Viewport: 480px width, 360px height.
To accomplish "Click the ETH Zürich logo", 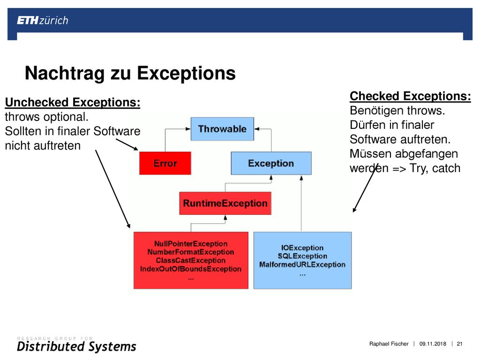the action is tap(43, 21).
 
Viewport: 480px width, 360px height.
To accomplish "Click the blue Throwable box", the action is tap(222, 129).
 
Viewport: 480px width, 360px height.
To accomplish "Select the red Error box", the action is tap(165, 163).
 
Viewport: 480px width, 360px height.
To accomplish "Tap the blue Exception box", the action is tap(271, 163).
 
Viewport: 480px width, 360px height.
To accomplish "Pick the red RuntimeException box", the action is tap(225, 203).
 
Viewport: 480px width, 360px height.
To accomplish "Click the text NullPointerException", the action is tap(191, 244).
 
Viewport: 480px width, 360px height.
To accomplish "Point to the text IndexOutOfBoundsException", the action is tap(191, 269).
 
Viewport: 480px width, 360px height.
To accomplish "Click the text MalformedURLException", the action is tap(302, 264).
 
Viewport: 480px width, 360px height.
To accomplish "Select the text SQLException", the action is tap(302, 256).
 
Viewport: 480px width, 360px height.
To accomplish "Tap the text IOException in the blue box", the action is tap(302, 247).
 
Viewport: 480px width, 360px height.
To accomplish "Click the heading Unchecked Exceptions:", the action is tap(73, 102).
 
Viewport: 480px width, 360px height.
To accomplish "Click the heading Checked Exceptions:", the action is tap(410, 96).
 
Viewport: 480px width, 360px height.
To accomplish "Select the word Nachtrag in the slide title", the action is tap(65, 74).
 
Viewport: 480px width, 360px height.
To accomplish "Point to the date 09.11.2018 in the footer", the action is tap(433, 344).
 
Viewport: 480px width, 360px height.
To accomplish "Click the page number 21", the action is tap(459, 344).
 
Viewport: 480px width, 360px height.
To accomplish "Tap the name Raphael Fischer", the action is tap(389, 344).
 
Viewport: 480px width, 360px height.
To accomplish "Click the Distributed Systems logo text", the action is tap(76, 346).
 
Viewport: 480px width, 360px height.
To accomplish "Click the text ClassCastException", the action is tap(191, 261).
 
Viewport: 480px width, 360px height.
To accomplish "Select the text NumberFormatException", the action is tap(191, 252).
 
